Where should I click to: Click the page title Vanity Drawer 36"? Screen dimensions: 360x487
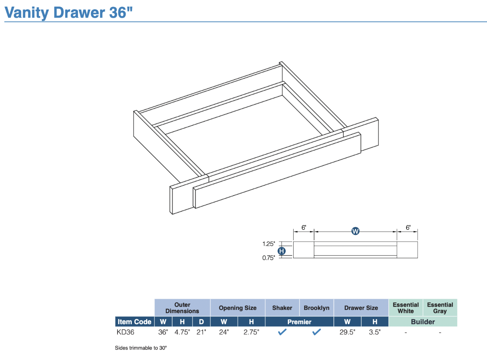tap(68, 12)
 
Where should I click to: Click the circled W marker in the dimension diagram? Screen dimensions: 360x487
tap(355, 231)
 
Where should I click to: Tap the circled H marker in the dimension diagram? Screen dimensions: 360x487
tap(282, 251)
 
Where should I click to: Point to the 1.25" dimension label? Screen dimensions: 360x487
tap(268, 244)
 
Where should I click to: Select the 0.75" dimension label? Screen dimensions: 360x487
tap(268, 258)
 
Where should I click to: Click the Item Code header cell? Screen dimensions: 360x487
tap(134, 322)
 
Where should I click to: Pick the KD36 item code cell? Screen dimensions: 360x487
tap(126, 332)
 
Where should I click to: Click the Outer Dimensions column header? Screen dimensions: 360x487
tap(182, 308)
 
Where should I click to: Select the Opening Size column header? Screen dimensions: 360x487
tap(238, 308)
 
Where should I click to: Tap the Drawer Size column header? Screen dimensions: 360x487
tap(361, 308)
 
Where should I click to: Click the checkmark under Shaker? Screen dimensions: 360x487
tap(282, 332)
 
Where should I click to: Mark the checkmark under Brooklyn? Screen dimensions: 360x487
tap(316, 332)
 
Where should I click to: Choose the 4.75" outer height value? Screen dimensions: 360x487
tap(182, 332)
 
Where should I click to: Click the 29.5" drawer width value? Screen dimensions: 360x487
tap(347, 332)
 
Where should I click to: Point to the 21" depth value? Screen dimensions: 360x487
tap(201, 332)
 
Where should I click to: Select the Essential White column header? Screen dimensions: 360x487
tap(406, 308)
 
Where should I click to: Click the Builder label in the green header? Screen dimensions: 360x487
tap(423, 322)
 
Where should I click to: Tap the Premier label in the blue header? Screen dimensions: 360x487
tap(299, 322)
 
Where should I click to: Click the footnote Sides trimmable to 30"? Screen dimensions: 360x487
tap(141, 348)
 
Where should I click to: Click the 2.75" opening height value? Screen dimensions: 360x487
tap(251, 332)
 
